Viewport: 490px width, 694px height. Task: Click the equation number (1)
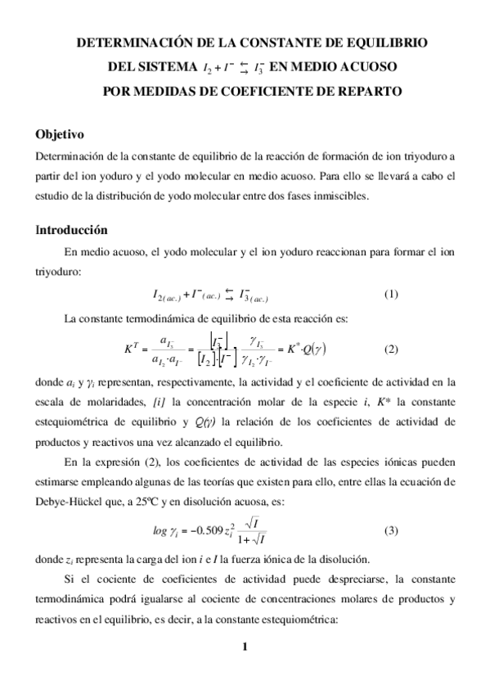coord(390,295)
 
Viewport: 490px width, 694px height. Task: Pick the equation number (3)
coord(390,530)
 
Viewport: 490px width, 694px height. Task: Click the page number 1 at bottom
coord(245,649)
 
